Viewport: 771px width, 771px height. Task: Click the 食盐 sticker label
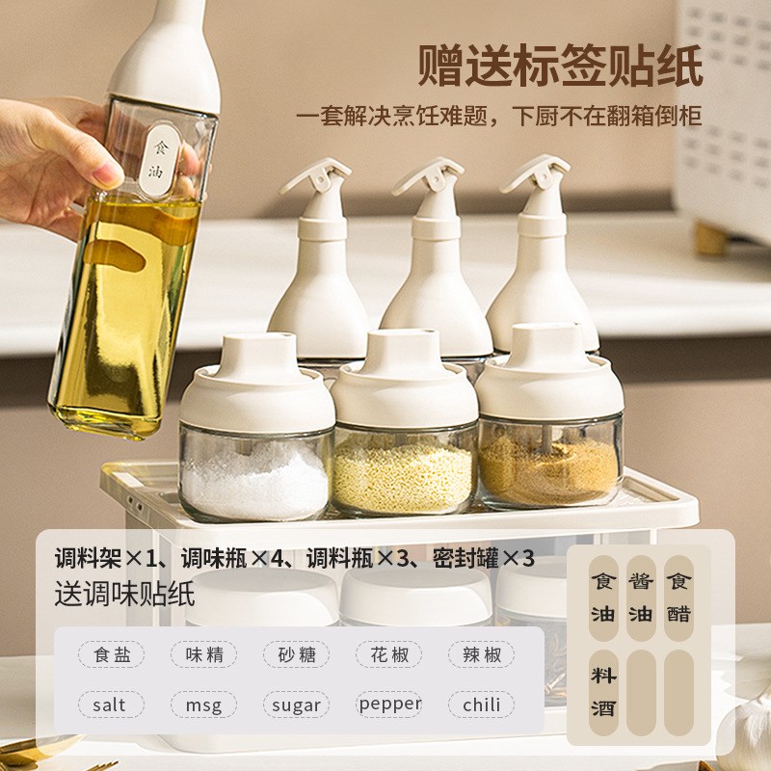[x=112, y=655]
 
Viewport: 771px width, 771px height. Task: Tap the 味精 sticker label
[x=204, y=655]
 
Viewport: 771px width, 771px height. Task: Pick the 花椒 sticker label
[x=389, y=655]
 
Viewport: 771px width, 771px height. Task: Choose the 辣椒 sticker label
[x=481, y=655]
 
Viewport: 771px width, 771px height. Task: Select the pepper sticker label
[x=389, y=705]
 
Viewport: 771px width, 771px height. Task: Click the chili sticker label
[x=481, y=705]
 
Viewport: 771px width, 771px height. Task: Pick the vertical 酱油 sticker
[x=641, y=598]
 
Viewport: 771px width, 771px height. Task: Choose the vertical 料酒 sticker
[x=603, y=692]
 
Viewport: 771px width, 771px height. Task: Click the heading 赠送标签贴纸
[x=560, y=65]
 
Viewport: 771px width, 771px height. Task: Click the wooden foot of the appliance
[x=714, y=237]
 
